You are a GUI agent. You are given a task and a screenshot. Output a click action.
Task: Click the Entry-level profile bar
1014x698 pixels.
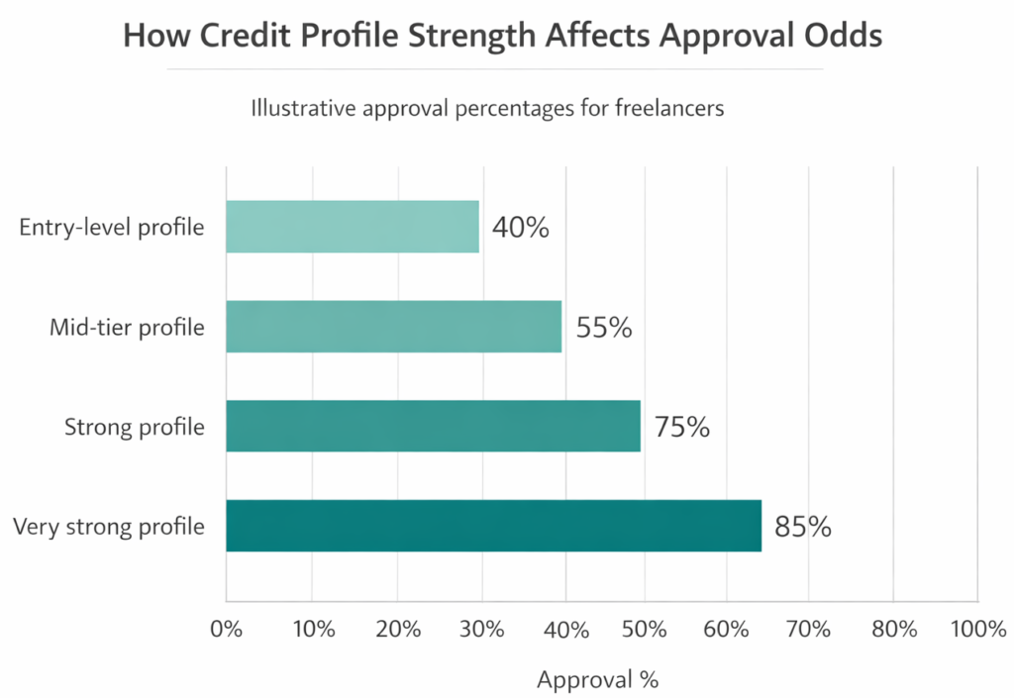coord(353,227)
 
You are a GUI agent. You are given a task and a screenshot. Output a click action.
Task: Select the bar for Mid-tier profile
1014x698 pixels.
coord(393,327)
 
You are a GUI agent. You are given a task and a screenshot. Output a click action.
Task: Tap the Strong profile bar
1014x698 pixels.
coord(433,426)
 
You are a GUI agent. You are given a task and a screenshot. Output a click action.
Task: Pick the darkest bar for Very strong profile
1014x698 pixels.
coord(493,526)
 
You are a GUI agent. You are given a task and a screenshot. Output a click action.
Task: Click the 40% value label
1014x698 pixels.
coord(520,228)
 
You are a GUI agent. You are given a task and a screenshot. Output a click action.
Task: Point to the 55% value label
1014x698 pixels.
coord(603,328)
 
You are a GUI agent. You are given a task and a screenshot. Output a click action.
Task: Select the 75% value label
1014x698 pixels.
coord(681,427)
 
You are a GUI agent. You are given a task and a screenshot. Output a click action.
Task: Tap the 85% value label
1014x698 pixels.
coord(803,527)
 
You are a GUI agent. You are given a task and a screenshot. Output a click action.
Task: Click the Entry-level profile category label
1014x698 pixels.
coord(112,227)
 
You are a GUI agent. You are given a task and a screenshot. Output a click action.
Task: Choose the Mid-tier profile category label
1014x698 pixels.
coord(127,327)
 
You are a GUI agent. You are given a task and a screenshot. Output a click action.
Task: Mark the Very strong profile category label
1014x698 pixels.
coord(109,526)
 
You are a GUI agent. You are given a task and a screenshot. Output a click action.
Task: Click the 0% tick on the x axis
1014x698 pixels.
coord(227,630)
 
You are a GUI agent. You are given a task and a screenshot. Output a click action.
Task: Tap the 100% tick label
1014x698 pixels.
coord(976,630)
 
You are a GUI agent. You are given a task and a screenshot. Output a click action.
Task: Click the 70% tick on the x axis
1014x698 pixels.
coord(809,630)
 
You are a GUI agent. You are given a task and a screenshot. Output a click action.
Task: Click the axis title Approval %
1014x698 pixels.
coord(597,680)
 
